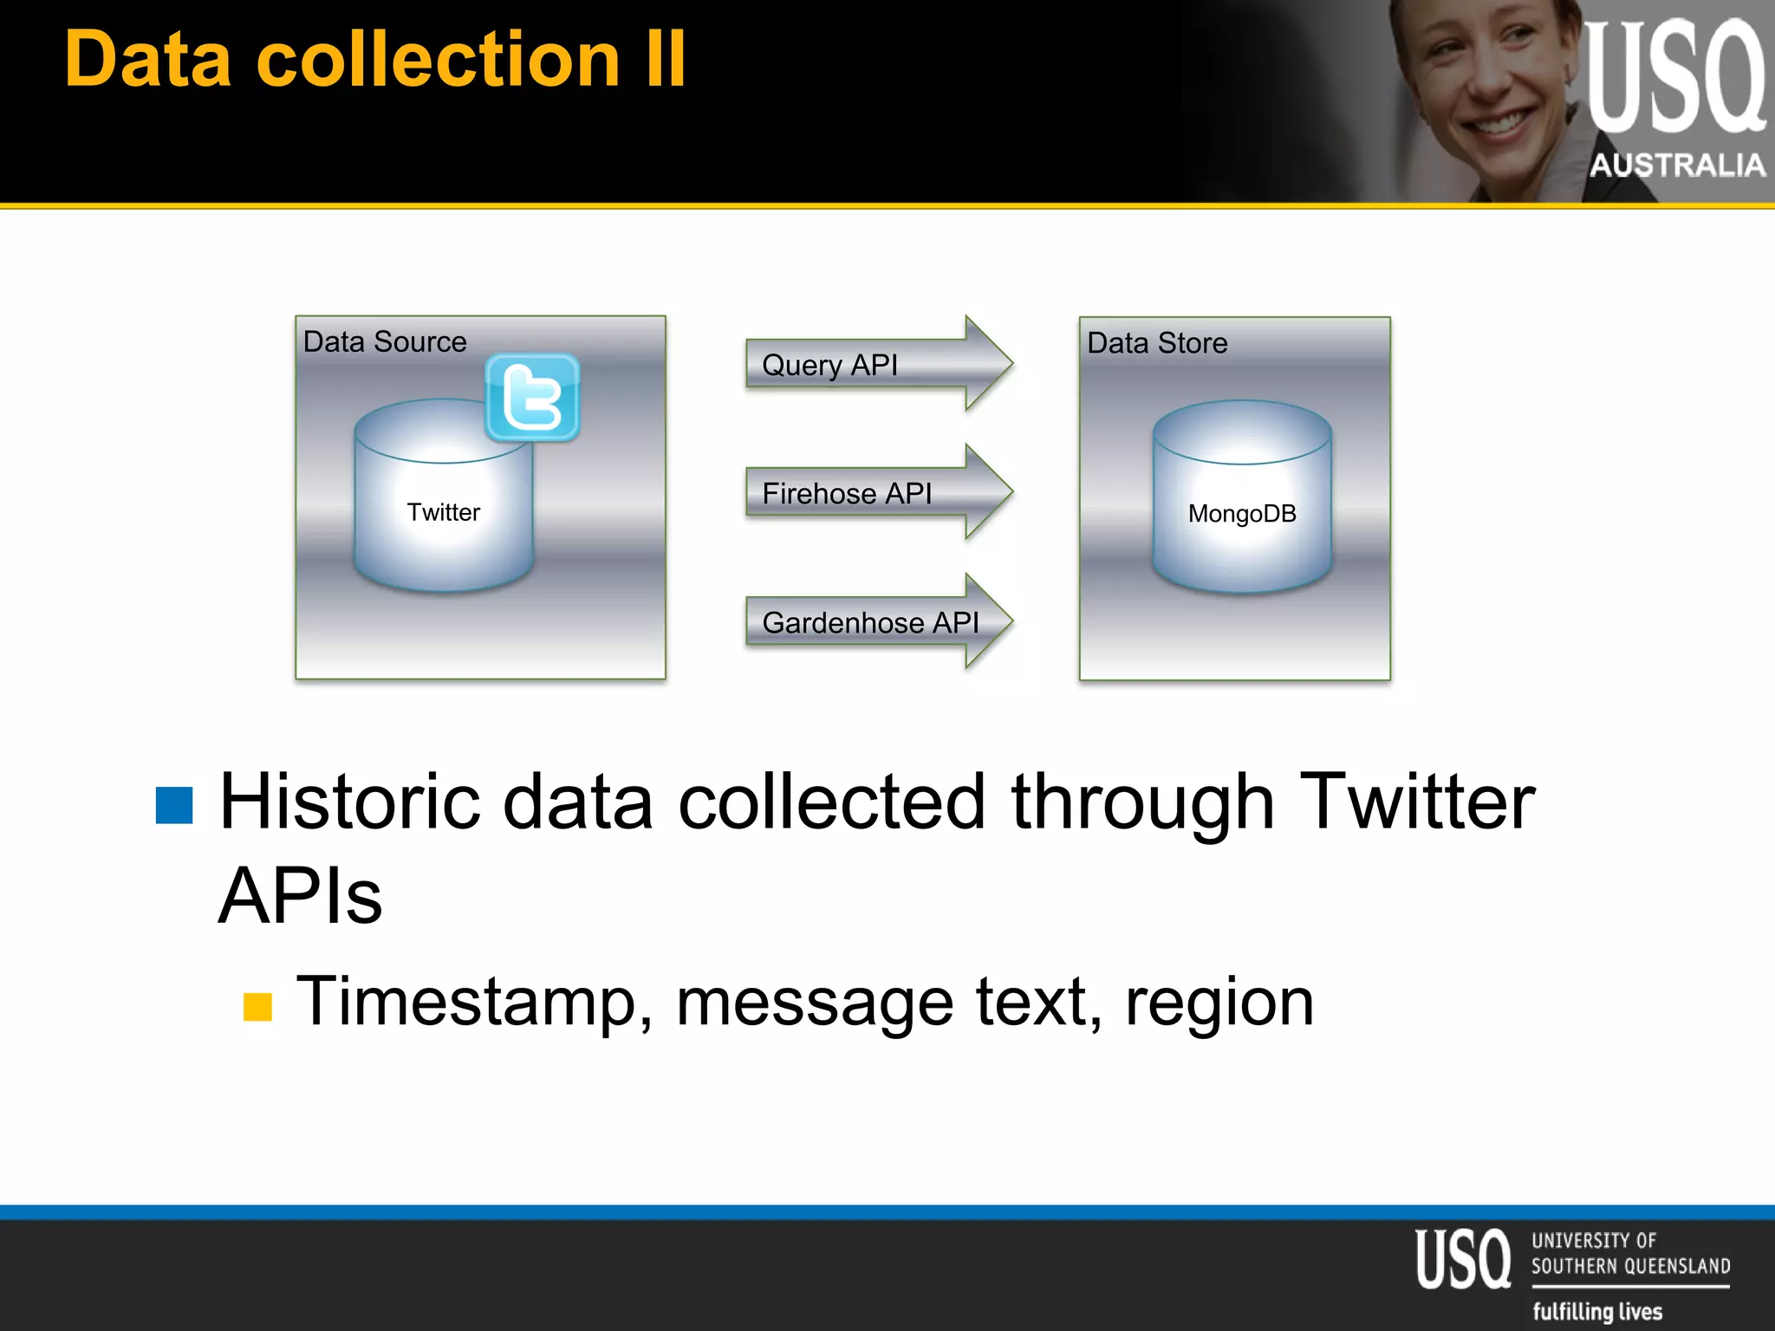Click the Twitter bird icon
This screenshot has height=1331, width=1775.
tap(532, 398)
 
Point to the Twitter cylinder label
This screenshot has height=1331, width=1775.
tap(443, 512)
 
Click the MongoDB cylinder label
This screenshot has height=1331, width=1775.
tap(1241, 514)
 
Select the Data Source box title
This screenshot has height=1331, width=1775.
tap(385, 341)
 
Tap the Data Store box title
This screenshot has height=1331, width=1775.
tap(1157, 343)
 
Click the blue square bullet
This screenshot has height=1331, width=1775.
tap(174, 805)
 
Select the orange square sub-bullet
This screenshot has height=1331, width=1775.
tap(257, 1007)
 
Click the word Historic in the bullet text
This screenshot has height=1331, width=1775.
tap(349, 802)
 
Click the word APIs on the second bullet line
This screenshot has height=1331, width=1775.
tap(300, 896)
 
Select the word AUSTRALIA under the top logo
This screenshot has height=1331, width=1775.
tap(1677, 165)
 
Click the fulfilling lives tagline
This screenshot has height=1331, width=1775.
tap(1596, 1311)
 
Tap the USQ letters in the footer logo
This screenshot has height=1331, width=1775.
tap(1463, 1259)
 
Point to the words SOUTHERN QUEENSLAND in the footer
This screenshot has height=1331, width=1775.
tap(1630, 1266)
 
